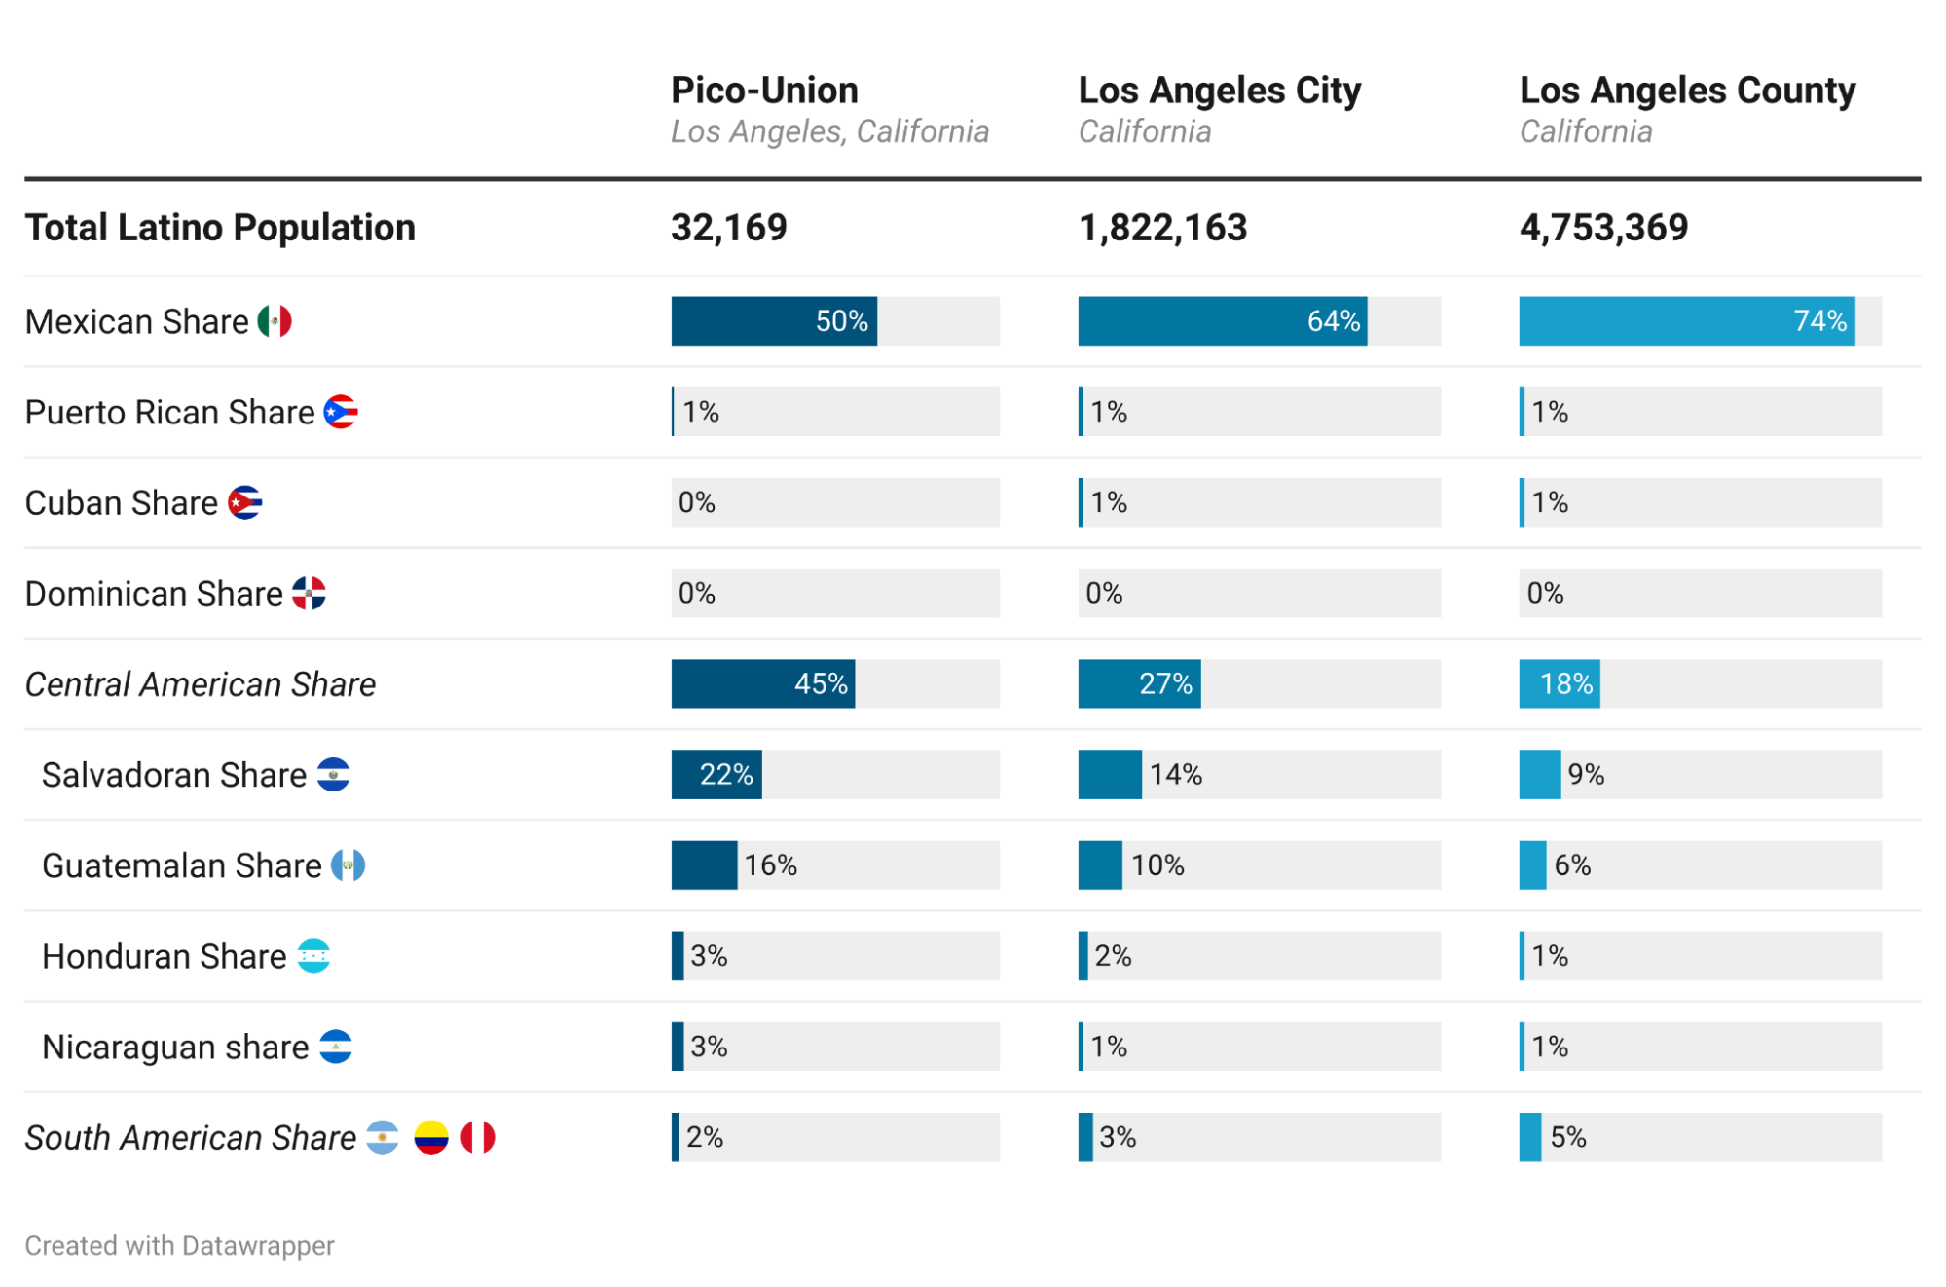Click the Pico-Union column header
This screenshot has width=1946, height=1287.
[764, 91]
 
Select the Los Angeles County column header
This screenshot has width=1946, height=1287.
[1687, 91]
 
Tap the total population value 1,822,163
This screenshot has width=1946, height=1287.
[1162, 228]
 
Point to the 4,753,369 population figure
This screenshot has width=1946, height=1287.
[1603, 228]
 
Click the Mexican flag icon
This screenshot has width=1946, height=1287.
[275, 321]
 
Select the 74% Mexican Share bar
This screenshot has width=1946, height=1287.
[1686, 321]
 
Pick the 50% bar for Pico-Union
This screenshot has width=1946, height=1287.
[774, 321]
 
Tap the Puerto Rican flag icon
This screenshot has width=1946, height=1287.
[341, 412]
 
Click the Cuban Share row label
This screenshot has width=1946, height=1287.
[122, 503]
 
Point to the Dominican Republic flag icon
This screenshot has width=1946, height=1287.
[309, 593]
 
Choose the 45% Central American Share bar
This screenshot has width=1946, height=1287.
[763, 684]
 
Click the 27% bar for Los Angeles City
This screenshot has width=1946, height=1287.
[1139, 684]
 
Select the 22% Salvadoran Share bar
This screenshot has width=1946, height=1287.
[716, 775]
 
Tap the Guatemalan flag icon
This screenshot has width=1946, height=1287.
[348, 865]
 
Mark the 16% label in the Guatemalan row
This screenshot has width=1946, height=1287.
[770, 865]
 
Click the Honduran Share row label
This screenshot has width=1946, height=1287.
[165, 957]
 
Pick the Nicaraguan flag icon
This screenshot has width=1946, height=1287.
[336, 1047]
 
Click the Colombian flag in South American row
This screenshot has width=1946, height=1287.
[430, 1137]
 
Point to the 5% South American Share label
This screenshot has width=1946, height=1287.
[1567, 1137]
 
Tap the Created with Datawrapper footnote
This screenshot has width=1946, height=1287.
[179, 1246]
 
